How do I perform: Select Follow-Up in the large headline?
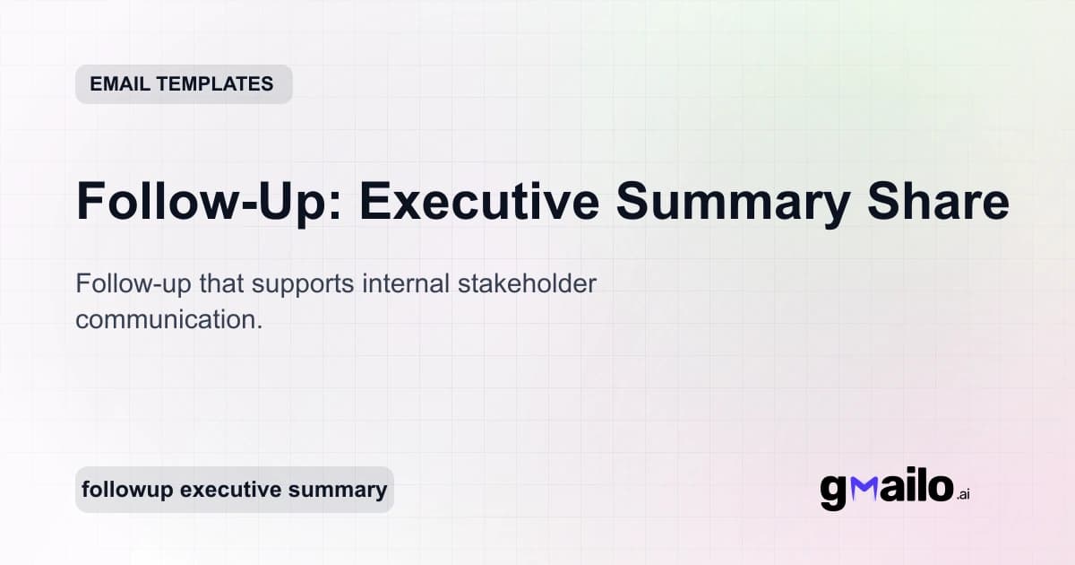tap(204, 201)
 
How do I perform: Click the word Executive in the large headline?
tap(479, 201)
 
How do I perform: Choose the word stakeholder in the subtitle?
tap(528, 283)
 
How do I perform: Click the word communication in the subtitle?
tap(168, 319)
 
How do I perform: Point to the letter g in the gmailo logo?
tap(833, 491)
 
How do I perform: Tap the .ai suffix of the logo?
tap(963, 494)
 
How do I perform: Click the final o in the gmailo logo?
tap(940, 487)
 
